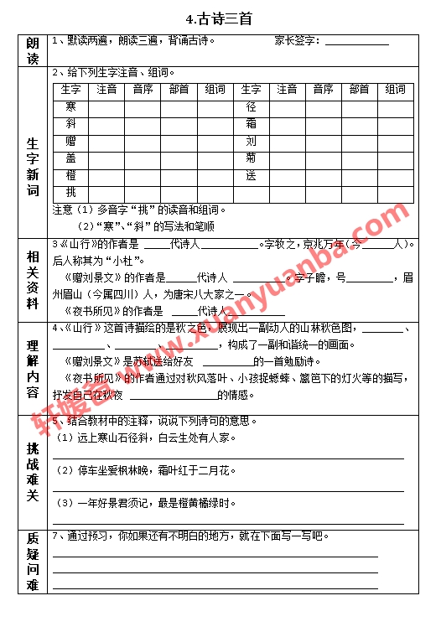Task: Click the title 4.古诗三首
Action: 220,18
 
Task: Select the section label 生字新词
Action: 33,167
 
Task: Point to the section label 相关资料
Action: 33,280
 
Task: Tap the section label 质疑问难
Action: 33,562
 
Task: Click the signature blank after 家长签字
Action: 356,40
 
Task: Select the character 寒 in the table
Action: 70,106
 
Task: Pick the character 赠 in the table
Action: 70,141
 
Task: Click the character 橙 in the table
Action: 70,175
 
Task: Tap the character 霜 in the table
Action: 251,124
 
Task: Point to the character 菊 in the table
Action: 251,158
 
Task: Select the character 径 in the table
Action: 251,106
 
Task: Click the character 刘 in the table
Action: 251,141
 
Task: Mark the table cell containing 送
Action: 251,175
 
